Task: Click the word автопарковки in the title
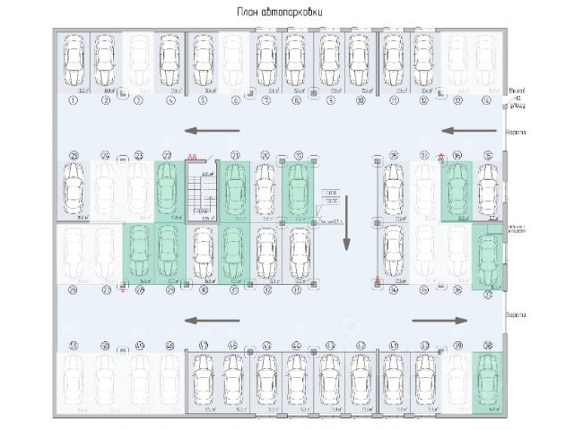(x=295, y=12)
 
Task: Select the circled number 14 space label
(x=486, y=100)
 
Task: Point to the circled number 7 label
(x=266, y=100)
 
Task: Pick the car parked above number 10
(x=360, y=60)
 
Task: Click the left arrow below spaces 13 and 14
(x=464, y=131)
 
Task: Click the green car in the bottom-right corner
(x=487, y=380)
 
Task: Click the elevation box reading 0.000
(x=331, y=193)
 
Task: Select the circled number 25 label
(x=74, y=155)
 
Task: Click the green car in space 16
(x=456, y=188)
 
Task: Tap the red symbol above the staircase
(x=192, y=155)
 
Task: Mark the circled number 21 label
(x=235, y=155)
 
